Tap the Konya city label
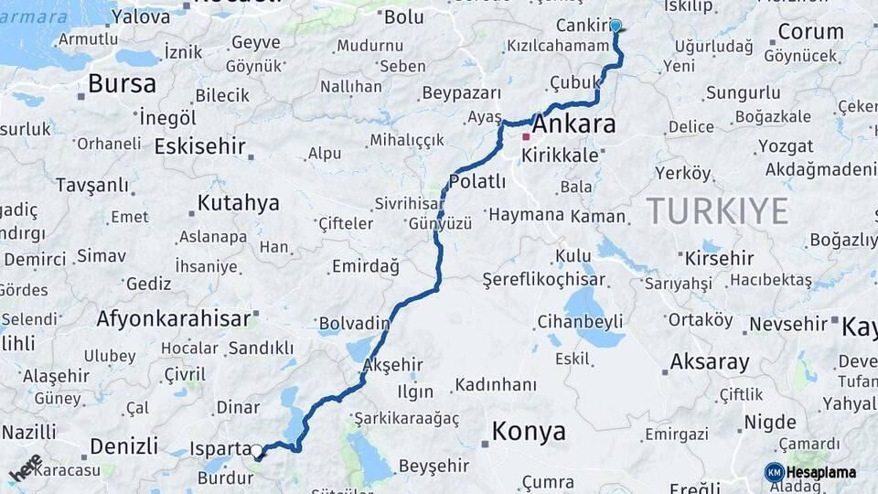529,432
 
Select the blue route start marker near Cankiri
616,27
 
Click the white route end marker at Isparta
257,451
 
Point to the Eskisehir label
200,146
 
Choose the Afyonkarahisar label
173,318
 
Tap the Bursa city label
122,84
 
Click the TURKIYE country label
717,211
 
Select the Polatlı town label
476,181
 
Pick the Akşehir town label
393,365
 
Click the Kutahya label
238,203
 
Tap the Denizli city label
124,446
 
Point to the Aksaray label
709,361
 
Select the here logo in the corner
26,467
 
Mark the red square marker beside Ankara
526,137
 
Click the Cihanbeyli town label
580,321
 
